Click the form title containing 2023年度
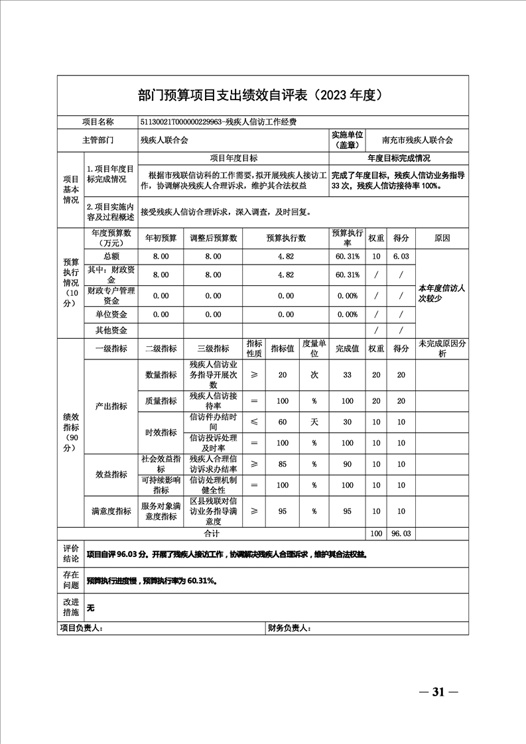[262, 95]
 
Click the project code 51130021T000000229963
[180, 122]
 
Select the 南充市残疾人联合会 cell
[417, 141]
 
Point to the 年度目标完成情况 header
[399, 158]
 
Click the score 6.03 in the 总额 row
[401, 256]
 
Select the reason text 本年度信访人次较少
[441, 293]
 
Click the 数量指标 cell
[161, 375]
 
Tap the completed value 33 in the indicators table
[347, 375]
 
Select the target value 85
[283, 464]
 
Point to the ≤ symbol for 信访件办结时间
[254, 422]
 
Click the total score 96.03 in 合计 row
[401, 533]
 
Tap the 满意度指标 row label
[111, 511]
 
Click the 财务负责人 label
[289, 628]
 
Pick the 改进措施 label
[71, 606]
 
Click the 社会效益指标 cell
[161, 463]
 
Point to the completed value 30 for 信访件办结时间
[347, 422]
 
